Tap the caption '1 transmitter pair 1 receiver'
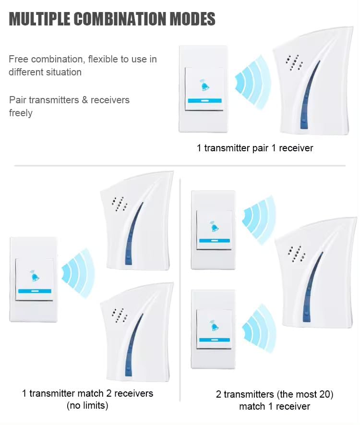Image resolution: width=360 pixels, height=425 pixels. [255, 148]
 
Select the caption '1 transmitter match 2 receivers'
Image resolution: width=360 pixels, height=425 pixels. [88, 393]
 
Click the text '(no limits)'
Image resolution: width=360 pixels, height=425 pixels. [88, 406]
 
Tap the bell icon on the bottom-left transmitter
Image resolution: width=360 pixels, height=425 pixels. [35, 277]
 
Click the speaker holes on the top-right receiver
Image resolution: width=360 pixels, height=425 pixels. [294, 61]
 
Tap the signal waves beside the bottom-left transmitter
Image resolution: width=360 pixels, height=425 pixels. [77, 272]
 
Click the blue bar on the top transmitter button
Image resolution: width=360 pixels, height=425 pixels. [205, 101]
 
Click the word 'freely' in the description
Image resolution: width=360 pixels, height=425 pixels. [21, 113]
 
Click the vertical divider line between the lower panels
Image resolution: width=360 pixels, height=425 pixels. [180, 288]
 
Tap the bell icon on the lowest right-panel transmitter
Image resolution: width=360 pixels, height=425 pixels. [214, 327]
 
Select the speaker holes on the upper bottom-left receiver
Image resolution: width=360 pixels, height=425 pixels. [119, 203]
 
